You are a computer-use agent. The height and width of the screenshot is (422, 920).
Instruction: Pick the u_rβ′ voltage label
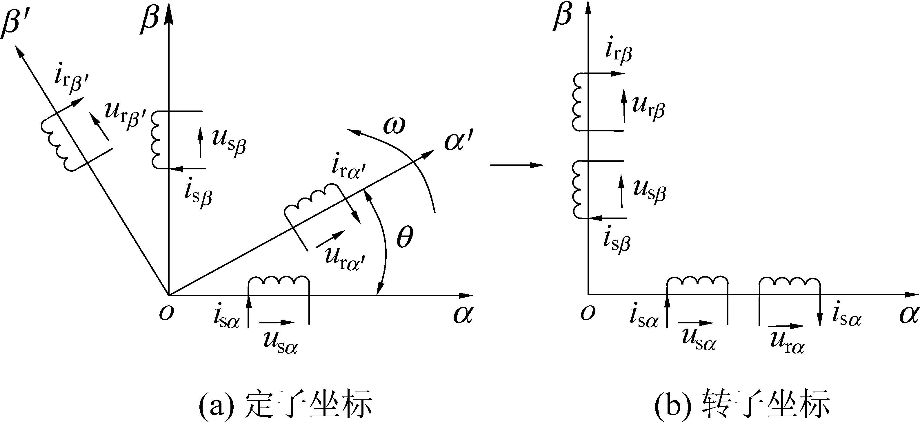(125, 115)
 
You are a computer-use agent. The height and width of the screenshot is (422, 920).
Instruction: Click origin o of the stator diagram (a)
(166, 313)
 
